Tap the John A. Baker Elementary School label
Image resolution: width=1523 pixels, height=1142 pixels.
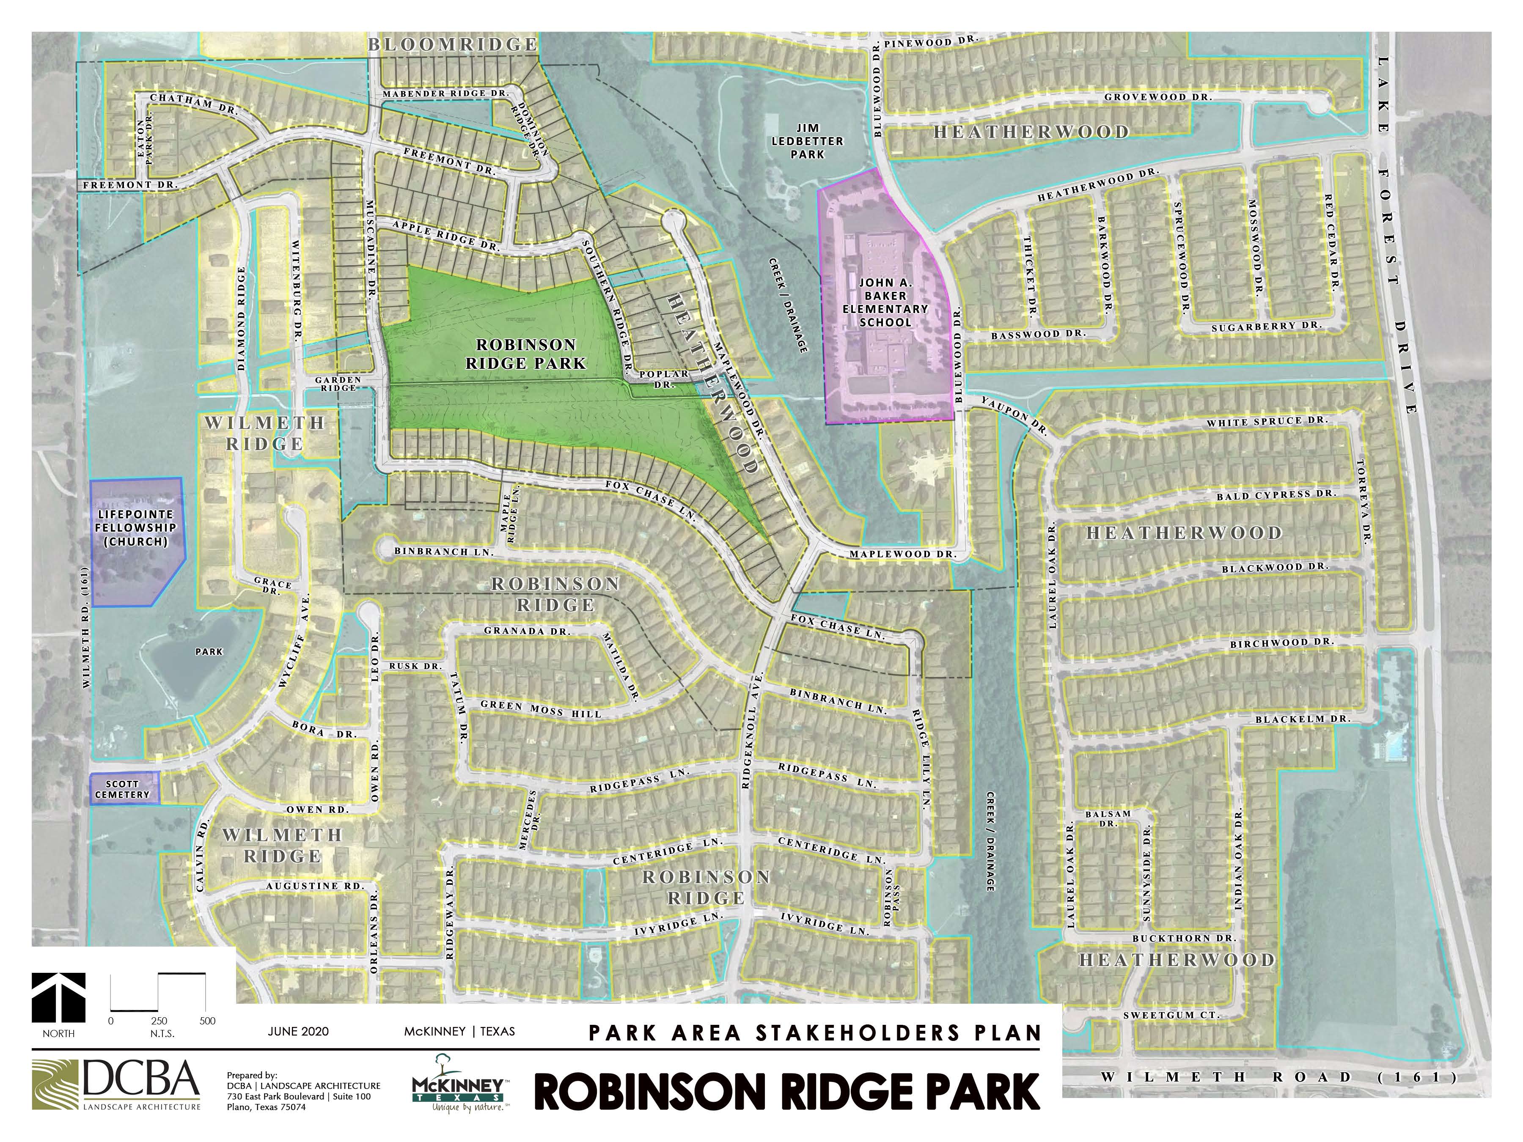885,302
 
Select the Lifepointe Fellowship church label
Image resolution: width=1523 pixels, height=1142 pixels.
136,528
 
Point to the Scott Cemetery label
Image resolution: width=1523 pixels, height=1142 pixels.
123,789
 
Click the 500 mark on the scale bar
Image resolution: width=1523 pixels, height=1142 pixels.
207,1021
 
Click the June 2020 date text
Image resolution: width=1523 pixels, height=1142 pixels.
298,1031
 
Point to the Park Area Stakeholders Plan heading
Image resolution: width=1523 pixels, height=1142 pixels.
814,1032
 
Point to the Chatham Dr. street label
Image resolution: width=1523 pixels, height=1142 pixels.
193,103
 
